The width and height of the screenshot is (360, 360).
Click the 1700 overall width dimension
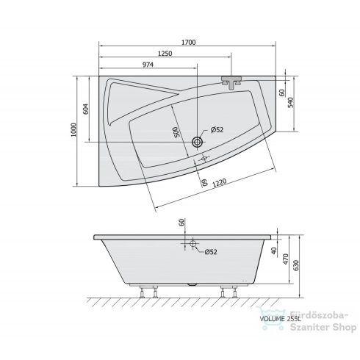click(x=189, y=43)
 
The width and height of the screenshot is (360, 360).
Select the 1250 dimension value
click(x=165, y=54)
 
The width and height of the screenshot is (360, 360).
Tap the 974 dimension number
click(x=148, y=65)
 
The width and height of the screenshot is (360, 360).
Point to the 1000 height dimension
click(x=73, y=130)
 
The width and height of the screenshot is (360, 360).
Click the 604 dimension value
click(x=86, y=109)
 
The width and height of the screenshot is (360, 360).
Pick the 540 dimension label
click(x=290, y=103)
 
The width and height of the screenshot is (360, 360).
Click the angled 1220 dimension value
click(x=219, y=183)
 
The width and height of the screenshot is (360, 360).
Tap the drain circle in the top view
click(x=197, y=142)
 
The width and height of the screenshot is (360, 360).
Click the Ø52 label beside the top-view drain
click(x=217, y=129)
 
